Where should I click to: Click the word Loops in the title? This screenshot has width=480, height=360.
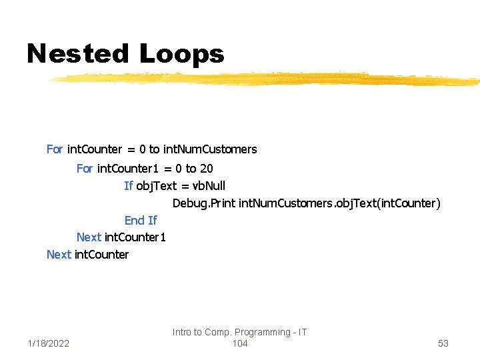pyautogui.click(x=181, y=53)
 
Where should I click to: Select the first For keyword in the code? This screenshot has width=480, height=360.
pyautogui.click(x=55, y=149)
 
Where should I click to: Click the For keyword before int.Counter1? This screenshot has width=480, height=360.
pyautogui.click(x=85, y=169)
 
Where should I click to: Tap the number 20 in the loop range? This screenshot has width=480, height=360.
pyautogui.click(x=206, y=169)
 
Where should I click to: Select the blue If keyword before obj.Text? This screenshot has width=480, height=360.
pyautogui.click(x=129, y=186)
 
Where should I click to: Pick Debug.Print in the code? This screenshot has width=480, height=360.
pyautogui.click(x=203, y=203)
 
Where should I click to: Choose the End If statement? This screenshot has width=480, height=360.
pyautogui.click(x=141, y=221)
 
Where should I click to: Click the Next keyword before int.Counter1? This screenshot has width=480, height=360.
pyautogui.click(x=89, y=237)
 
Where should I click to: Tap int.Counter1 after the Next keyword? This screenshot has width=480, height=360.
pyautogui.click(x=135, y=237)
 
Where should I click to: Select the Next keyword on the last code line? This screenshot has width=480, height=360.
pyautogui.click(x=59, y=255)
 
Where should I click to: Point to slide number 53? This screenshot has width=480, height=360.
pyautogui.click(x=443, y=343)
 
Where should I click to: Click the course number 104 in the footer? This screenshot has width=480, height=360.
pyautogui.click(x=240, y=343)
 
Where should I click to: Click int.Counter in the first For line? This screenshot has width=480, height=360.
pyautogui.click(x=95, y=149)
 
